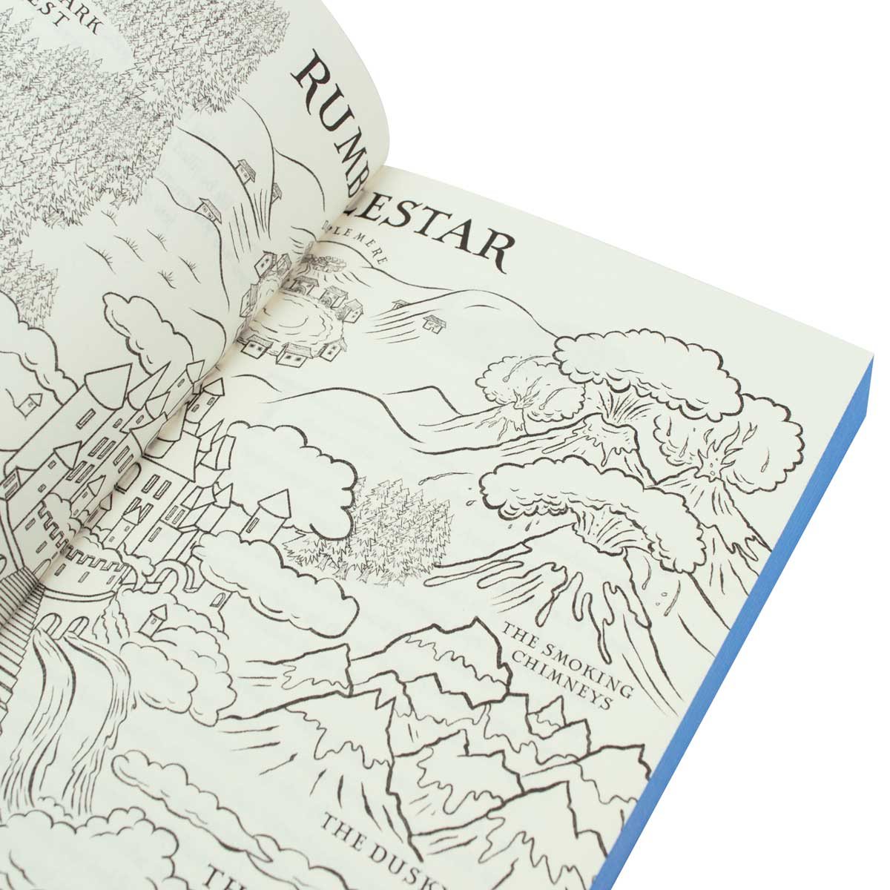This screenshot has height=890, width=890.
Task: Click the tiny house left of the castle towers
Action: (x=30, y=401)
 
